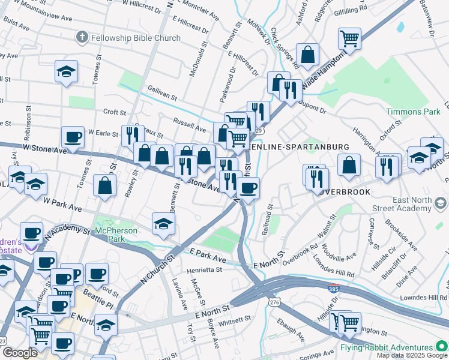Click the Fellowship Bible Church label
pos(136,38)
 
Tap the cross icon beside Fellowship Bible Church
pos(82,38)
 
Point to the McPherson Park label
pos(116,230)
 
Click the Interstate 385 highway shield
pos(333,289)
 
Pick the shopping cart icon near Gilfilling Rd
pos(349,39)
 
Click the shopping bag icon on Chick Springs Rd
pos(307,55)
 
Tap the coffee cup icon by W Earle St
pos(73,137)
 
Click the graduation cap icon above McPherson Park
pos(163,223)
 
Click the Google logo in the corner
pos(19,353)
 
